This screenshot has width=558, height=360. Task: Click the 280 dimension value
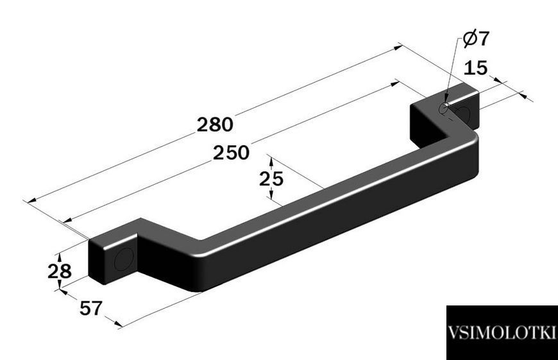click(215, 124)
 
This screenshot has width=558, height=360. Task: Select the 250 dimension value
click(232, 153)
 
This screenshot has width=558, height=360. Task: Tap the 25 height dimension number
click(271, 179)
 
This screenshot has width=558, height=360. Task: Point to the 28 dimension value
click(60, 271)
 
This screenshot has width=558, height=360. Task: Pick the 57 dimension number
click(91, 308)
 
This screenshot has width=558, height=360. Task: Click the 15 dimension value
click(476, 67)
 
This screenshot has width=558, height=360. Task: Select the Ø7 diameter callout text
click(476, 38)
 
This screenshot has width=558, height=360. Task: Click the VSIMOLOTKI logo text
click(502, 333)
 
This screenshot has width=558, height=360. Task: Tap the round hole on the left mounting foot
click(124, 259)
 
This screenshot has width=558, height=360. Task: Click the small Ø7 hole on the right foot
click(443, 108)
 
